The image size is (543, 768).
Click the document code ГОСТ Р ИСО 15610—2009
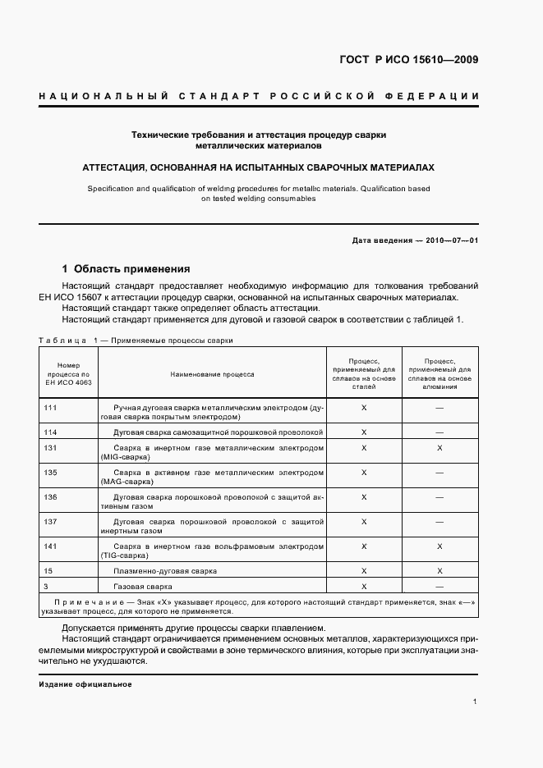[x=408, y=60]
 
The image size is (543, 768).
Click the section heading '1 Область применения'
[x=127, y=268]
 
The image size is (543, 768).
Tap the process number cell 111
[x=50, y=407]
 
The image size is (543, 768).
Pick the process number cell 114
[x=50, y=432]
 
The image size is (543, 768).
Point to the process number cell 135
[x=50, y=473]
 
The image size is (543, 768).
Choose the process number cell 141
[x=50, y=546]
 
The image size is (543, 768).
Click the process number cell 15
[x=48, y=570]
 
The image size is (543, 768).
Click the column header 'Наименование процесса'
[x=212, y=374]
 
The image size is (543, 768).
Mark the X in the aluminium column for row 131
[x=439, y=448]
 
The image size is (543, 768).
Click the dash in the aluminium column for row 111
[x=439, y=407]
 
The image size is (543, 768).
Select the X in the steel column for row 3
[x=364, y=587]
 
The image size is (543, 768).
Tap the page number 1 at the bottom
[x=476, y=702]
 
